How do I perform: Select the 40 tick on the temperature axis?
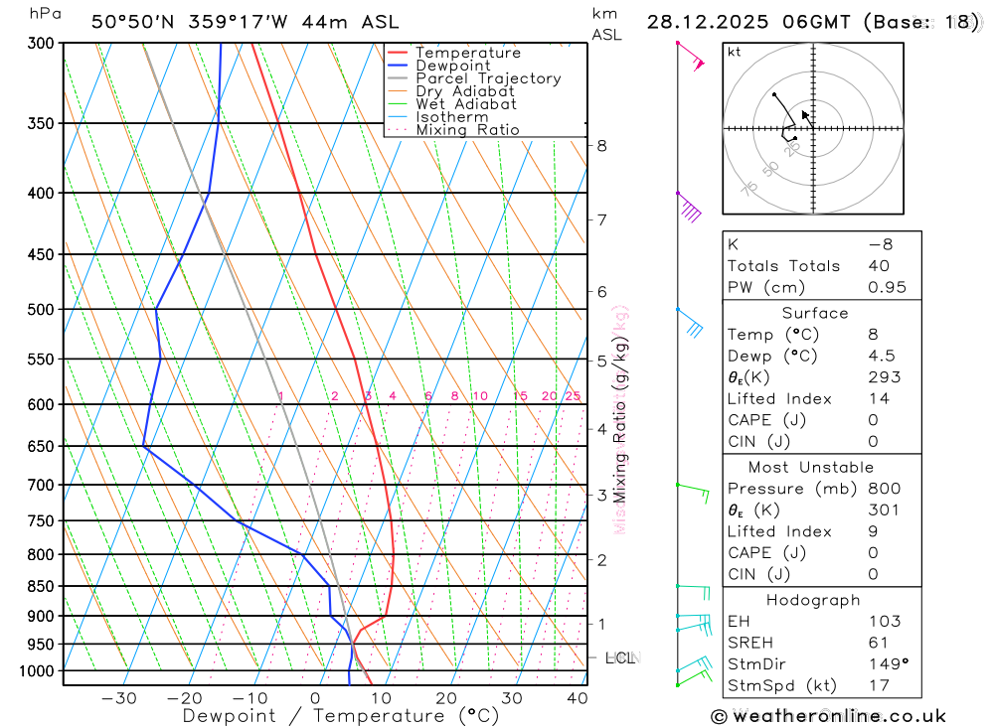pos(578,698)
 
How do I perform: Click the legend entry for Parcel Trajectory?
pos(488,78)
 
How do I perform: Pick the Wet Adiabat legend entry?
pos(466,104)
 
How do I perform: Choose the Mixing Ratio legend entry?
pos(467,130)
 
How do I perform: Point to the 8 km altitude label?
pos(601,146)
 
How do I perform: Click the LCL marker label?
pos(621,657)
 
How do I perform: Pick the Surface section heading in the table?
pos(815,313)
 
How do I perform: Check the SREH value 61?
pos(877,643)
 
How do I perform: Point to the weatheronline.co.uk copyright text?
pos(828,716)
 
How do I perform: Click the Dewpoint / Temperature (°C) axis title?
pos(341,716)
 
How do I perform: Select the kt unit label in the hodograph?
pos(735,52)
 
